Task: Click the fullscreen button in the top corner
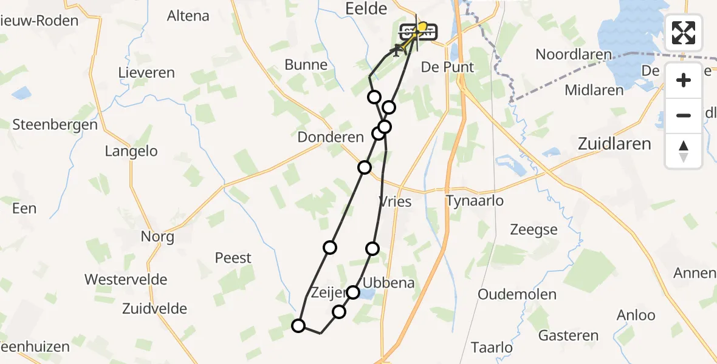click(x=684, y=32)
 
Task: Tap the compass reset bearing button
click(x=684, y=150)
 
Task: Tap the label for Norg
click(x=157, y=237)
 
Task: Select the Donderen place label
click(x=331, y=137)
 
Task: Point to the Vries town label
click(x=395, y=202)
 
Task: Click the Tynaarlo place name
click(x=475, y=201)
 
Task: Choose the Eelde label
click(x=366, y=8)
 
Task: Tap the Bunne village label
click(x=306, y=65)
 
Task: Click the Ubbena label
click(x=388, y=283)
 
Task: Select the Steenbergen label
click(x=55, y=125)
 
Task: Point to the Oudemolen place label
click(x=517, y=295)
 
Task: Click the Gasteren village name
click(x=569, y=335)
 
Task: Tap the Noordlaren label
click(x=574, y=55)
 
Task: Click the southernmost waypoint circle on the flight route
click(x=298, y=326)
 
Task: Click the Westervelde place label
click(x=126, y=280)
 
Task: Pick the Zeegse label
click(x=533, y=230)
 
